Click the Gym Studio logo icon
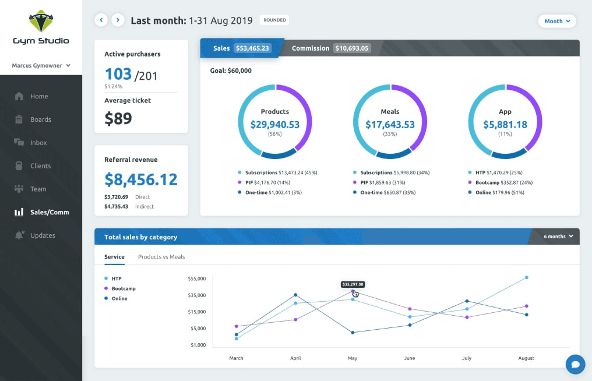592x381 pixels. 41,22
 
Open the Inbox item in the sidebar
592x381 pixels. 38,143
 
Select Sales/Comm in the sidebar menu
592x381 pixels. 50,212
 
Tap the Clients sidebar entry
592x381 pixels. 40,166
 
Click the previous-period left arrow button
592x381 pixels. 101,20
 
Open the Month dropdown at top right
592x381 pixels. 557,21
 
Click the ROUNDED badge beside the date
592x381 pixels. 274,20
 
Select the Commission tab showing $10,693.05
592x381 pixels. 330,48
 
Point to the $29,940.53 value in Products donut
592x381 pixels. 275,124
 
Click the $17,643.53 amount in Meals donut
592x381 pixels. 390,124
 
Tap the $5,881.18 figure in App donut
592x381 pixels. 505,124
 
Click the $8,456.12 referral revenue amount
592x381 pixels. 141,179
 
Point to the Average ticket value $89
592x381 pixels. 118,119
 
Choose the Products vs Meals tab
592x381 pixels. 161,257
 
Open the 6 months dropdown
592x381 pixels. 558,237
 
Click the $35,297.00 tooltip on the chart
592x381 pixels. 353,284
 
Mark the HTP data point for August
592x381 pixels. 527,277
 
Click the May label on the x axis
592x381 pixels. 353,358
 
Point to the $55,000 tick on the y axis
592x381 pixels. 196,279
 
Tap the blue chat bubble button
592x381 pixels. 575,365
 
